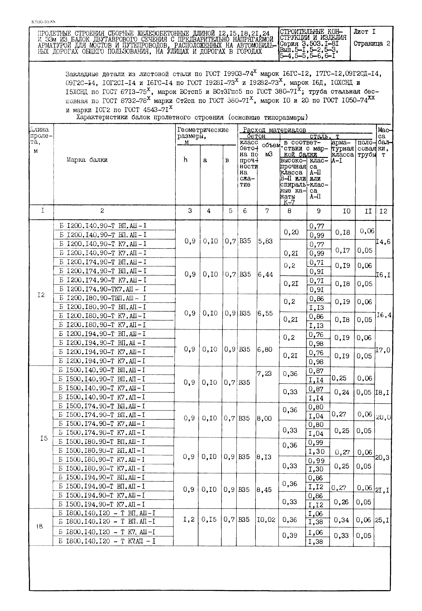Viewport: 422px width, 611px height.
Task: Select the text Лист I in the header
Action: click(364, 32)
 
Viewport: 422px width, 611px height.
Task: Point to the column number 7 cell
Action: click(267, 211)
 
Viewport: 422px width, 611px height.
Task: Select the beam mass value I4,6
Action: click(383, 242)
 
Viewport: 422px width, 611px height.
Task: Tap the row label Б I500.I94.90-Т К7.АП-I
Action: click(102, 504)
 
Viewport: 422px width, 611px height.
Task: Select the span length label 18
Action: click(39, 526)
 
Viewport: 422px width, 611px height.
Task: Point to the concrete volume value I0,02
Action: click(266, 520)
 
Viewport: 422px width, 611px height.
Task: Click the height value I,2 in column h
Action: click(189, 520)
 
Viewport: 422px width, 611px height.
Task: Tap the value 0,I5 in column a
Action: click(209, 520)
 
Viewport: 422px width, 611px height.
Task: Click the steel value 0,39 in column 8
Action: click(290, 535)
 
